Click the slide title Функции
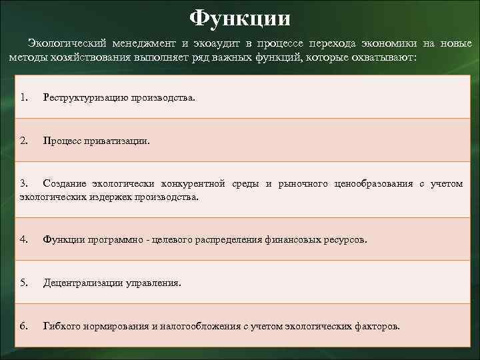tap(240, 17)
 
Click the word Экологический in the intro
tap(67, 43)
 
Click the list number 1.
tap(23, 97)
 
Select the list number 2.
tap(23, 141)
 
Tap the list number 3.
tap(23, 183)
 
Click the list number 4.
tap(23, 239)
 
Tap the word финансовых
tap(308, 239)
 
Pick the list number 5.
tap(23, 282)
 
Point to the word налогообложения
tap(200, 326)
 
